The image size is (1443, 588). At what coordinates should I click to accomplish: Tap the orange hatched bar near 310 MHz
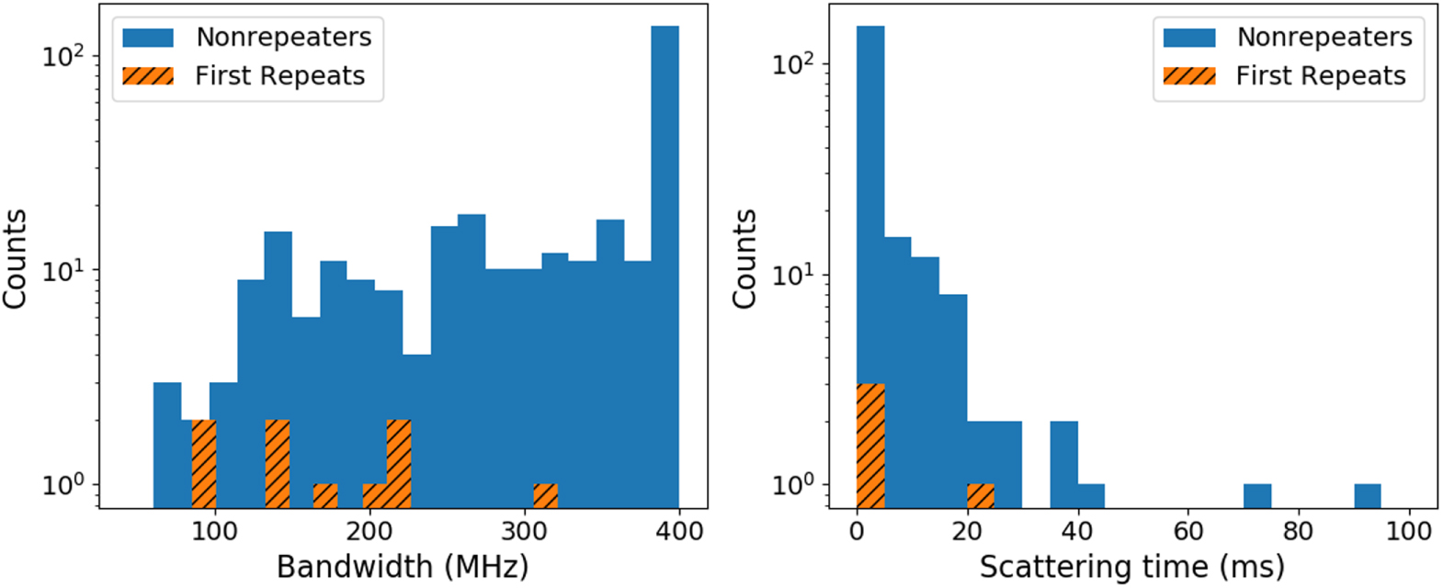pyautogui.click(x=545, y=495)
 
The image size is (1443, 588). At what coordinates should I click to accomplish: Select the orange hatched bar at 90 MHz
pyautogui.click(x=203, y=463)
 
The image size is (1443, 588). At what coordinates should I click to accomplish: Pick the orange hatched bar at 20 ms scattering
pyautogui.click(x=981, y=495)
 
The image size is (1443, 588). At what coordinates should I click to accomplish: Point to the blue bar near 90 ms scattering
pyautogui.click(x=1367, y=495)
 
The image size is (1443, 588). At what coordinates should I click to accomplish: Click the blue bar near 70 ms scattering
pyautogui.click(x=1256, y=495)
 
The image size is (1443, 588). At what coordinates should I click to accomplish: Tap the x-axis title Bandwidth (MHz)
pyautogui.click(x=403, y=566)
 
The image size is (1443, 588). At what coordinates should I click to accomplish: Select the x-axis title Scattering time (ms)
pyautogui.click(x=1131, y=566)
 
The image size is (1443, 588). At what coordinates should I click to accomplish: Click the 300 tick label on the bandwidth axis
pyautogui.click(x=524, y=530)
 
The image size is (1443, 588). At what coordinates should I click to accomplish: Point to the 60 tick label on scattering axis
pyautogui.click(x=1187, y=530)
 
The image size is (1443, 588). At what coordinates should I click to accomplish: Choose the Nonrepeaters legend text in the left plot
pyautogui.click(x=283, y=37)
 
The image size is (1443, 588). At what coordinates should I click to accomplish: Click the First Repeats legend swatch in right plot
pyautogui.click(x=1188, y=75)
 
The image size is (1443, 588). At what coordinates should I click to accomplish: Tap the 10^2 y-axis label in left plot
pyautogui.click(x=62, y=55)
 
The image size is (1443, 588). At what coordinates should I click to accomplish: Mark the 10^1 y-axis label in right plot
pyautogui.click(x=792, y=275)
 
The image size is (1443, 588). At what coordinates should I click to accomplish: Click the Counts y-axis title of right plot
pyautogui.click(x=744, y=258)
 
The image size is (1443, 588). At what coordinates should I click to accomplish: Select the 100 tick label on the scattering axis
pyautogui.click(x=1408, y=530)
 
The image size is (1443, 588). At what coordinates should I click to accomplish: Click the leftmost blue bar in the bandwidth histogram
pyautogui.click(x=166, y=445)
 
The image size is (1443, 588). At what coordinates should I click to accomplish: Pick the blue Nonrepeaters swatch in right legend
pyautogui.click(x=1188, y=38)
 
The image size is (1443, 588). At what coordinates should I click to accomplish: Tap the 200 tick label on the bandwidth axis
pyautogui.click(x=369, y=530)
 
